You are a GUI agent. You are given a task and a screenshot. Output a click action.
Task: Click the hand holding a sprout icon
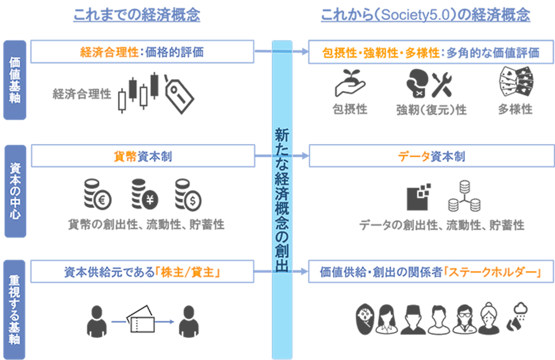(x=350, y=83)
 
